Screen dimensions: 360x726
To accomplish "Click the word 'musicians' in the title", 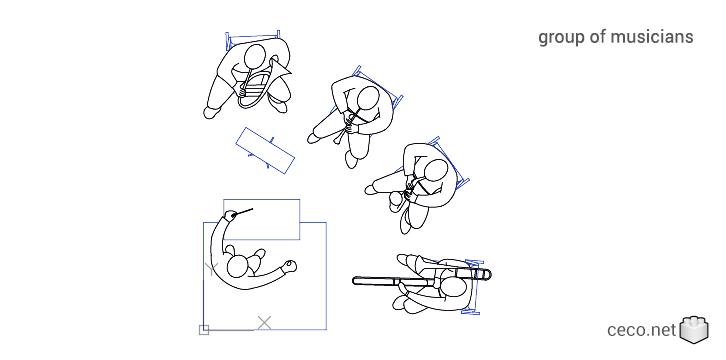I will [651, 37].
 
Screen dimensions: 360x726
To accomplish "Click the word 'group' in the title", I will [561, 38].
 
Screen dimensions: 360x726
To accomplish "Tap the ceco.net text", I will [641, 330].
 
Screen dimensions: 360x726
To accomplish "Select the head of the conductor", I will [238, 267].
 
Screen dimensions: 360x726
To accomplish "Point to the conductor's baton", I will [240, 212].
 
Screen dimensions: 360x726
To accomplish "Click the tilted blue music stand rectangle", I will [265, 149].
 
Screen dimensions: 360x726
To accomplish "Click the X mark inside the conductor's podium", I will [264, 321].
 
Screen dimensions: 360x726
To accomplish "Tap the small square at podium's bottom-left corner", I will [204, 329].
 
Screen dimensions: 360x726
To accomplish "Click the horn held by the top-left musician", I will [258, 84].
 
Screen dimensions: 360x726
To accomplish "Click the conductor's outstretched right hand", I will [290, 265].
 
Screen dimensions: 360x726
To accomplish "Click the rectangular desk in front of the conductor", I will [261, 218].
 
